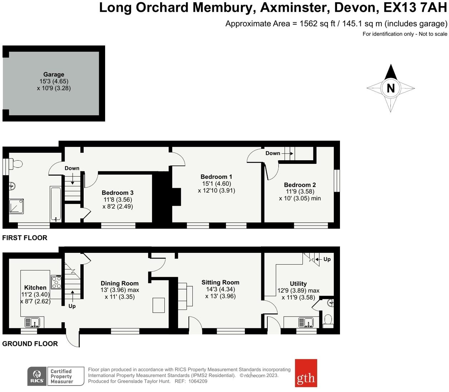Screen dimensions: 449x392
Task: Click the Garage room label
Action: (x=54, y=74)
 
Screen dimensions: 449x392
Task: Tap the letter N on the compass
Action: (x=391, y=88)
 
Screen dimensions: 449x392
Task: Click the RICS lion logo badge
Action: (x=37, y=376)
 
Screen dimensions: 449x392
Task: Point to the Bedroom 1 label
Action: (x=216, y=177)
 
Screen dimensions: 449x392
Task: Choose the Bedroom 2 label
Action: (x=300, y=185)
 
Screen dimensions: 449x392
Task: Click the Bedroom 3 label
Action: (x=118, y=193)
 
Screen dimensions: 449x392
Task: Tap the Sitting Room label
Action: (x=220, y=282)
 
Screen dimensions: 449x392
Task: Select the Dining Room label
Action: (x=120, y=283)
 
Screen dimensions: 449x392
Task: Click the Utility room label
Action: (x=298, y=284)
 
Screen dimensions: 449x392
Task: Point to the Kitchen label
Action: (x=35, y=288)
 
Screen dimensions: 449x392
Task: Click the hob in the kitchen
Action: (x=56, y=282)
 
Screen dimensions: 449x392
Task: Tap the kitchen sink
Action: (x=33, y=322)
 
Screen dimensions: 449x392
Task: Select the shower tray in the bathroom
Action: (x=16, y=206)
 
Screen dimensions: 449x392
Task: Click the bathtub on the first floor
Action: (x=56, y=204)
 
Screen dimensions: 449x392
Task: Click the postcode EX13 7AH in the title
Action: (x=415, y=8)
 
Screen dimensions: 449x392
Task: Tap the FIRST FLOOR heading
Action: (x=25, y=238)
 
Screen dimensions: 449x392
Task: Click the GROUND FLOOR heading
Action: (x=30, y=344)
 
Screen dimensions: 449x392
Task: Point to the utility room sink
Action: (x=306, y=323)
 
